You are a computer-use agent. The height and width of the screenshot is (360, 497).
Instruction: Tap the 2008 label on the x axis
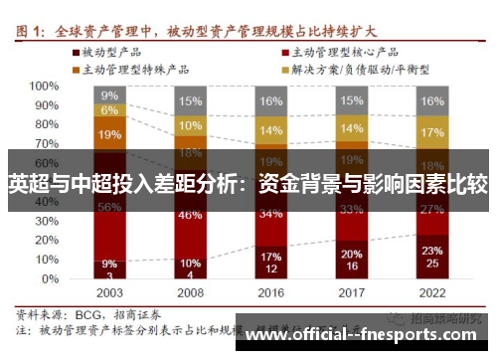[x=189, y=294]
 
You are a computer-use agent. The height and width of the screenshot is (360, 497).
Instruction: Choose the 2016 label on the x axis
[x=270, y=294]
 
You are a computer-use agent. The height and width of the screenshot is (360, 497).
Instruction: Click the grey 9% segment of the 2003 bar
[x=109, y=95]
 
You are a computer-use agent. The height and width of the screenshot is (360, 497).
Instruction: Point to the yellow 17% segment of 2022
[x=431, y=132]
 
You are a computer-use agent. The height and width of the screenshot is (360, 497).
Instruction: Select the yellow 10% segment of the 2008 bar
[x=190, y=126]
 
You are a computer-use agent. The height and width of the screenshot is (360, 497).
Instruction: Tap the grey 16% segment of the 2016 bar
[x=270, y=101]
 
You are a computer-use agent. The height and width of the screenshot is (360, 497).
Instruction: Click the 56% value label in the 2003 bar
[x=109, y=207]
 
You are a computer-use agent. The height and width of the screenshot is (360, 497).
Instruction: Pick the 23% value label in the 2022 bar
[x=431, y=251]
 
